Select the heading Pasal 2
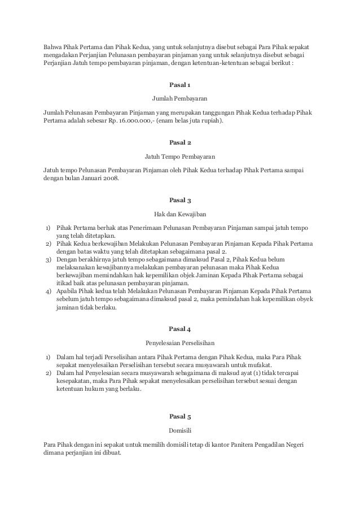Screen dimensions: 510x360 point(180,142)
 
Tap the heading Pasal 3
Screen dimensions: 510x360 point(180,199)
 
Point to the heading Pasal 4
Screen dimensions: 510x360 point(180,328)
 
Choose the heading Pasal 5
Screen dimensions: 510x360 point(180,416)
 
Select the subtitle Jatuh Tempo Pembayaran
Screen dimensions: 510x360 point(180,155)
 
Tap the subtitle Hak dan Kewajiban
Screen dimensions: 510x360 point(180,214)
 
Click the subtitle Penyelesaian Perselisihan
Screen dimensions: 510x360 point(180,343)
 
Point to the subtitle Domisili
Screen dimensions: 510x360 point(180,430)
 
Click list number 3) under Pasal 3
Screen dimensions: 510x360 point(49,259)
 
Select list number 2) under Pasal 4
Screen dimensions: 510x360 point(49,374)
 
